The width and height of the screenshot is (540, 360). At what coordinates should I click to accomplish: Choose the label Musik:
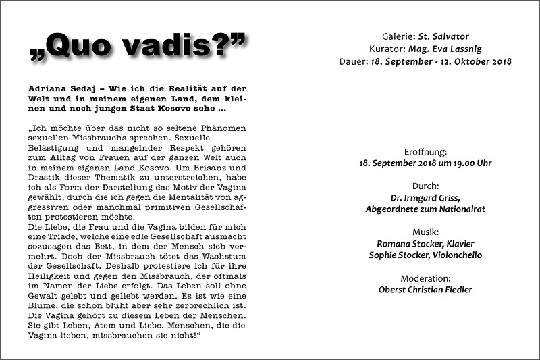coord(425,231)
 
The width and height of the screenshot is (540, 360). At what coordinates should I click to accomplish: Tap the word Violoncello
coord(453,255)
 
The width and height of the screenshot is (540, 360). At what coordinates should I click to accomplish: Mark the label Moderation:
coord(425,278)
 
